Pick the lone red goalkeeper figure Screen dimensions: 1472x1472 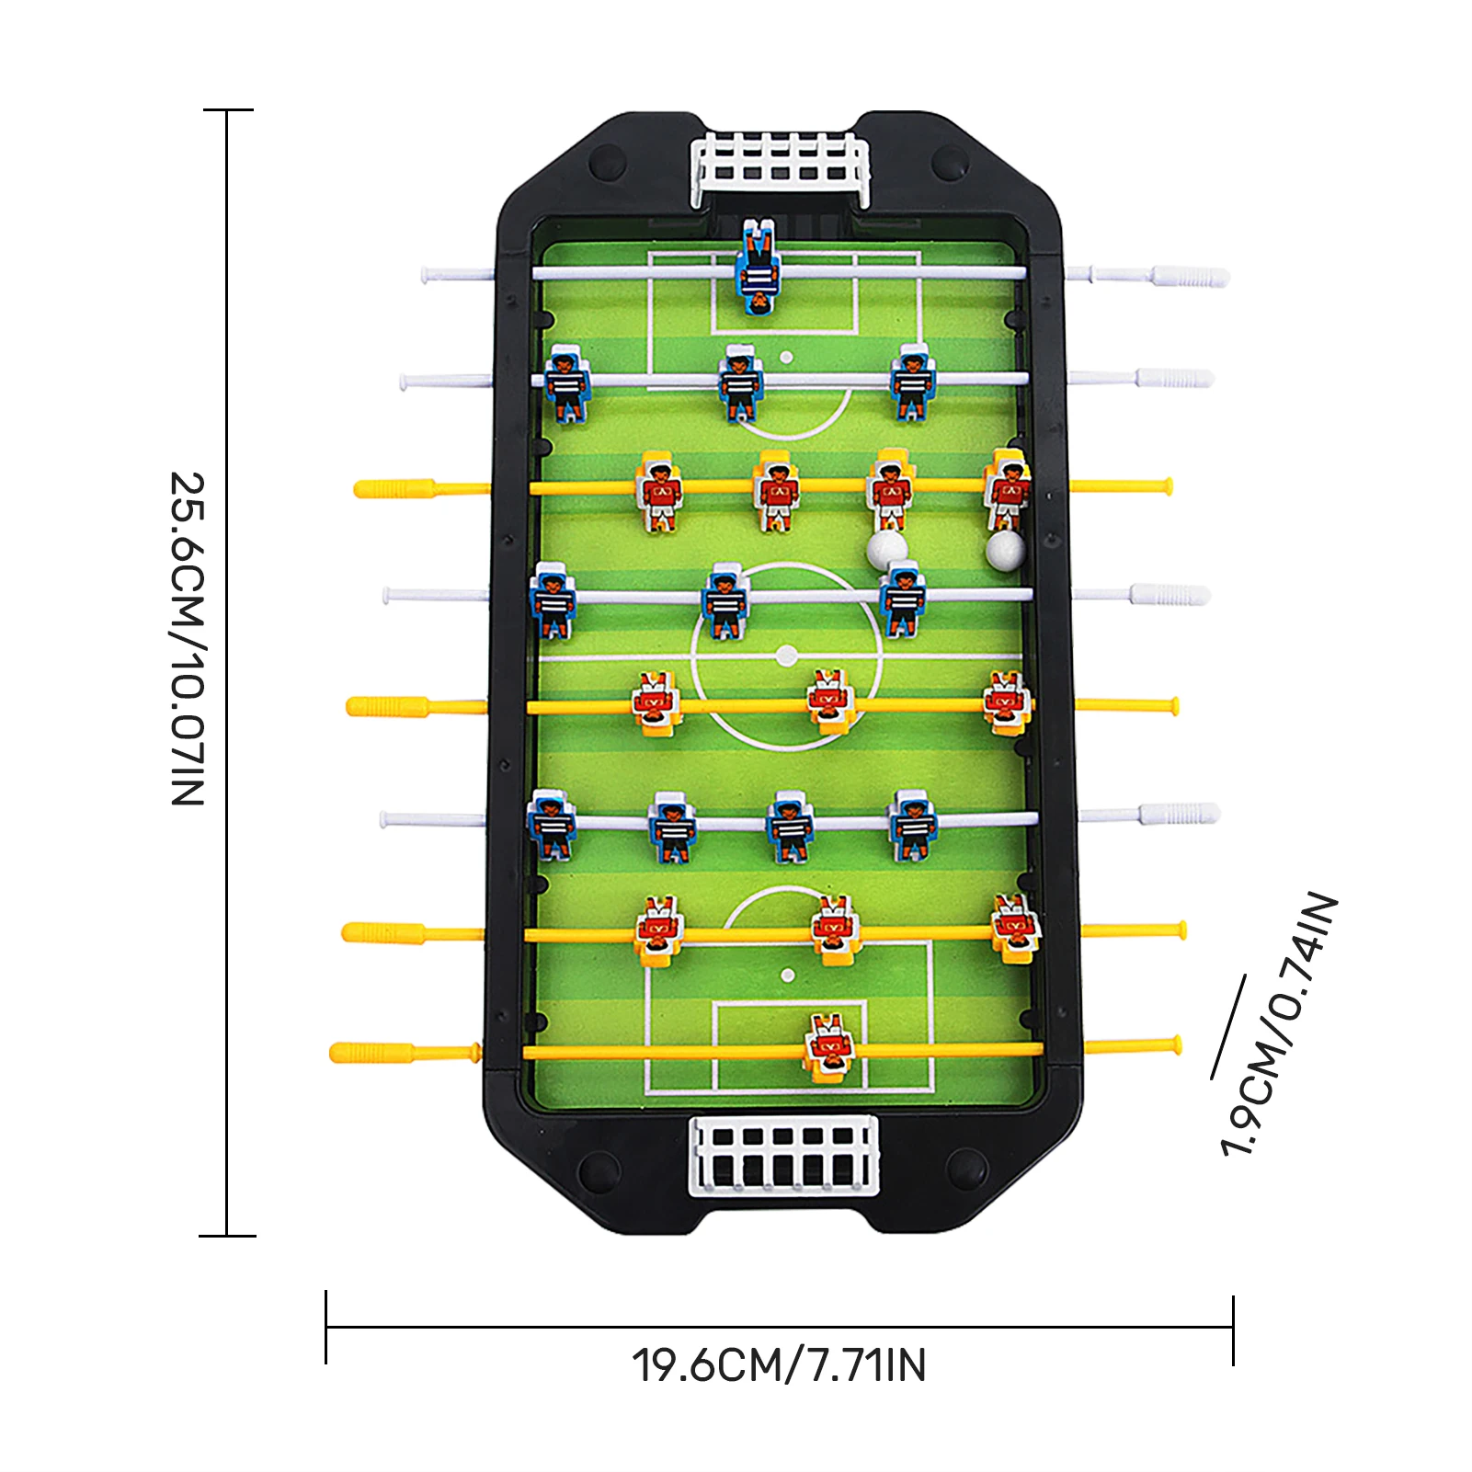829,1046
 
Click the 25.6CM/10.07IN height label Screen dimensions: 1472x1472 188,639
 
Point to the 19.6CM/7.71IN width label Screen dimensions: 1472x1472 779,1365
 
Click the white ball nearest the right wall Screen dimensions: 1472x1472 1004,550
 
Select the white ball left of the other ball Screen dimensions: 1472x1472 886,549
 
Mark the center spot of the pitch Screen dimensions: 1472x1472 786,656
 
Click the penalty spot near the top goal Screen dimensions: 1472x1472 786,357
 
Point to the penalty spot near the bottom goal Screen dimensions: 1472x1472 787,975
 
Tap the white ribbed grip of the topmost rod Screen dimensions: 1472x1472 1190,276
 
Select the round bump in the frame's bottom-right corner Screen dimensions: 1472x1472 966,1170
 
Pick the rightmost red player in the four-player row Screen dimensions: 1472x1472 1008,490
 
